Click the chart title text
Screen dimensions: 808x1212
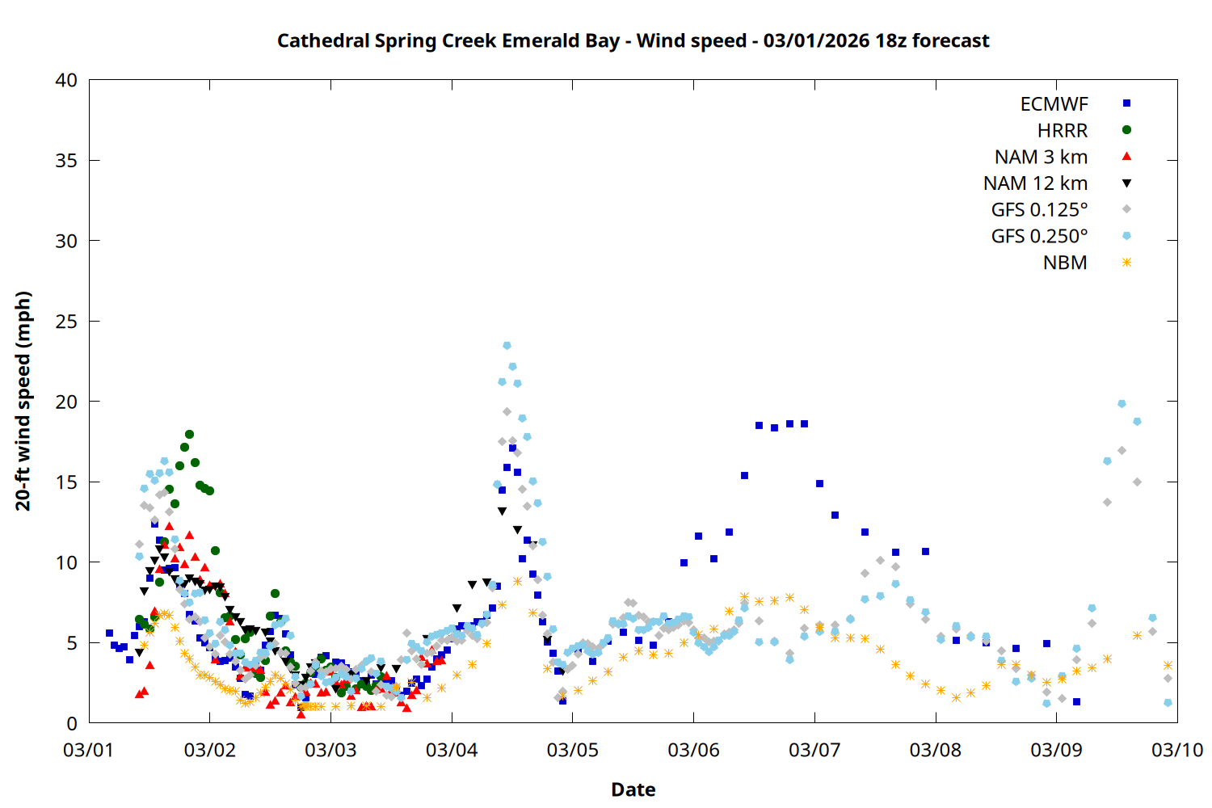(633, 40)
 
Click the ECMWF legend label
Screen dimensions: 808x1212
(1054, 104)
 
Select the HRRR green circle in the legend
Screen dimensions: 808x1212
(1126, 130)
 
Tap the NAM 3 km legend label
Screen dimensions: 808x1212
(1041, 157)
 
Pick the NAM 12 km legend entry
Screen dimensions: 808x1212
(1035, 183)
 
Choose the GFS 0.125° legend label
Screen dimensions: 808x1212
(1039, 210)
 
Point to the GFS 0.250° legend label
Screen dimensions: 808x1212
(1039, 237)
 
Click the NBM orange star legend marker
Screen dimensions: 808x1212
(1126, 263)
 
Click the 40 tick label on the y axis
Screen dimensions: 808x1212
(67, 80)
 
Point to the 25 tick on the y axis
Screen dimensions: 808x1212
(67, 322)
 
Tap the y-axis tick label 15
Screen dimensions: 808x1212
(67, 482)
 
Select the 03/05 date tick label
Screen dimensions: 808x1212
(572, 750)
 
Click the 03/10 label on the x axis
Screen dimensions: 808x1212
(1176, 750)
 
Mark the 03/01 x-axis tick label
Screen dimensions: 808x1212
(89, 750)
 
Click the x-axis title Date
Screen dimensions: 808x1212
(633, 789)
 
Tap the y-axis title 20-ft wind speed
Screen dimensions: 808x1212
(23, 401)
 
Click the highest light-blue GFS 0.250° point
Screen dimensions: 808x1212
(507, 346)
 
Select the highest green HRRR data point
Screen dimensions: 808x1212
(189, 435)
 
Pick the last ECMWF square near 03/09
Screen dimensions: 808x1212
(1076, 701)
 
